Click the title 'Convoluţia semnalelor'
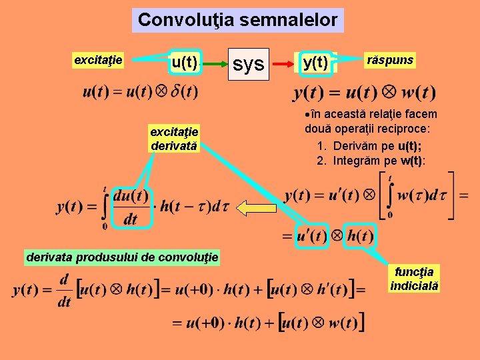pyautogui.click(x=237, y=20)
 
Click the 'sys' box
pyautogui.click(x=248, y=64)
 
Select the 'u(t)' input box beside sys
pyautogui.click(x=184, y=63)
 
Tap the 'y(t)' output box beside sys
pyautogui.click(x=315, y=63)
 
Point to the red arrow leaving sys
pyautogui.click(x=281, y=65)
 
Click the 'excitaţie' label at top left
pyautogui.click(x=98, y=60)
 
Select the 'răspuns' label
pyautogui.click(x=390, y=60)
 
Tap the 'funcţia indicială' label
pyautogui.click(x=414, y=278)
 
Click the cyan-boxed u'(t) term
pyautogui.click(x=311, y=236)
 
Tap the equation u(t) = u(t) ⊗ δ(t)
pyautogui.click(x=140, y=91)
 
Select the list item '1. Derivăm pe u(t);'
pyautogui.click(x=370, y=146)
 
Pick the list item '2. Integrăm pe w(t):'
pyautogui.click(x=371, y=161)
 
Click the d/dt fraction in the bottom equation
pyautogui.click(x=65, y=291)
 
